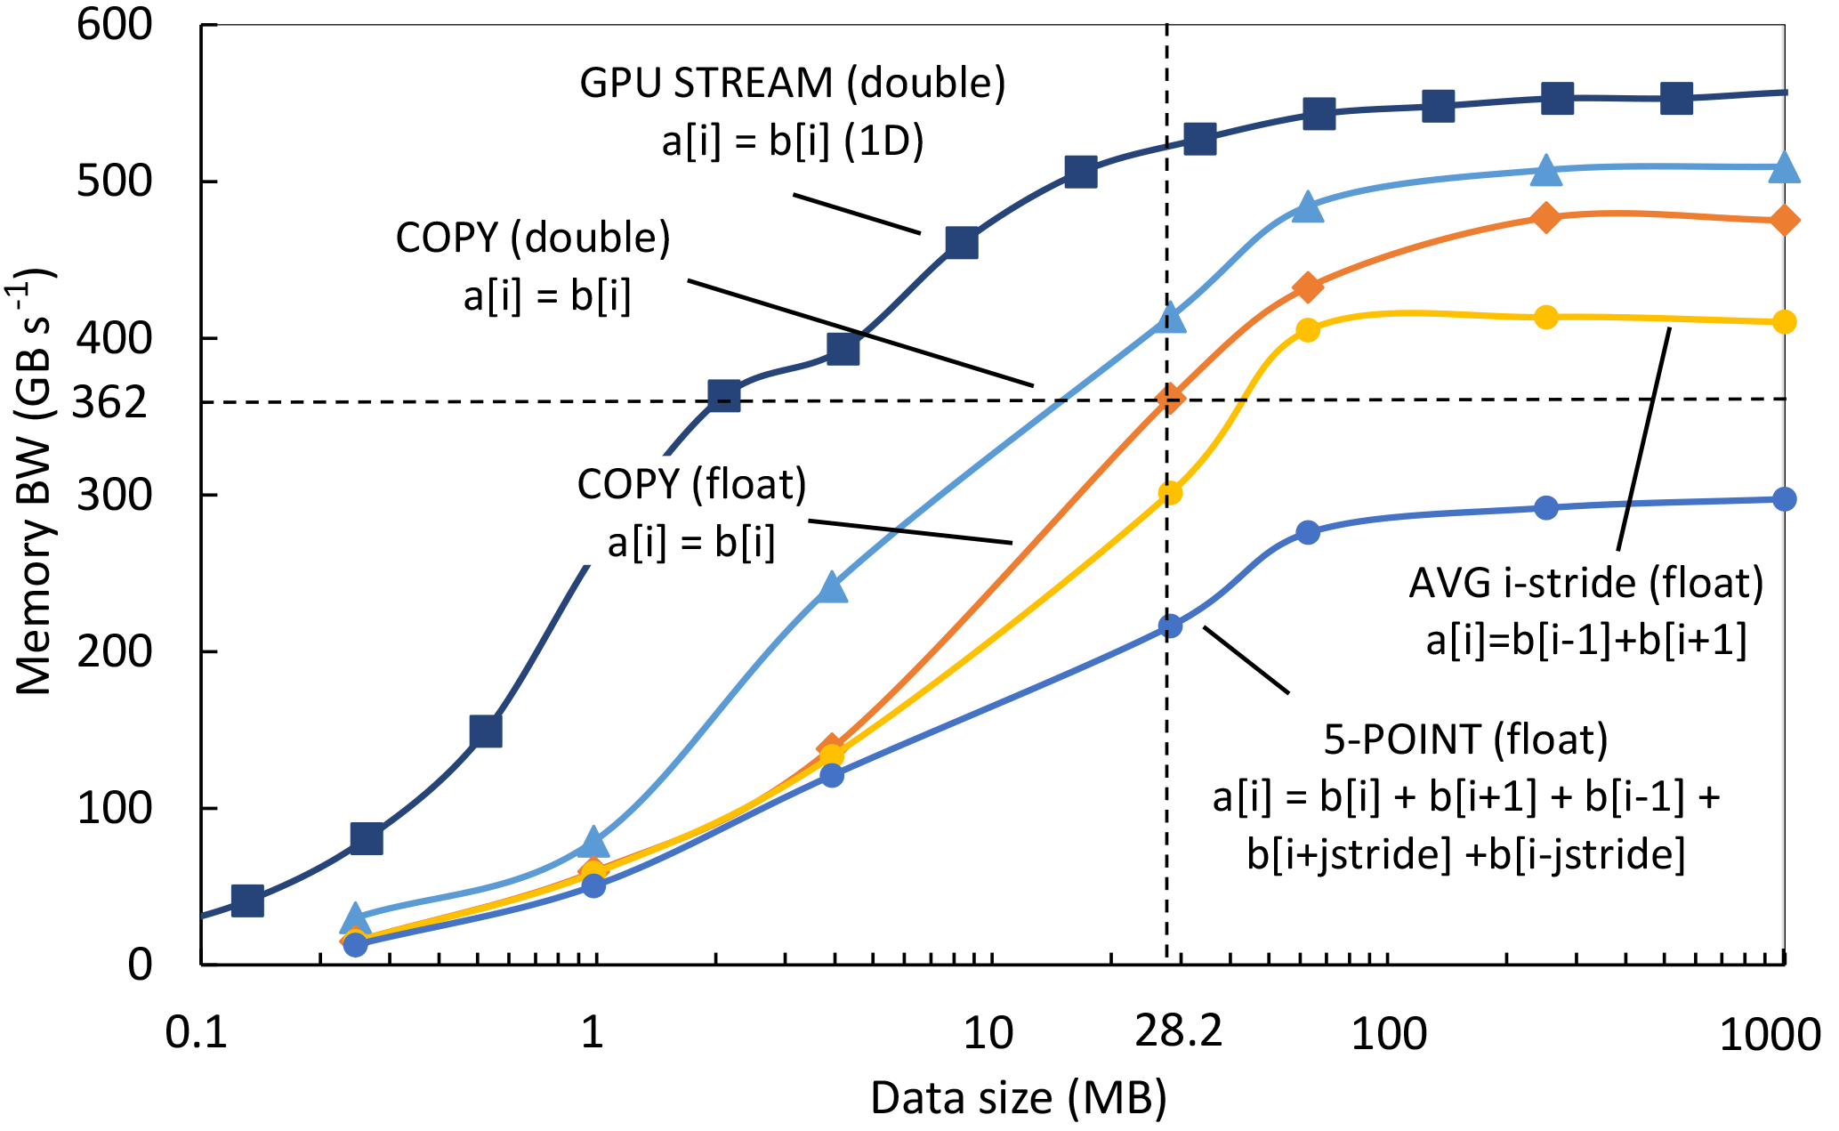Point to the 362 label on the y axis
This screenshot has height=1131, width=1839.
[109, 403]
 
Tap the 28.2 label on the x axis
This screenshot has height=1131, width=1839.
[1179, 1032]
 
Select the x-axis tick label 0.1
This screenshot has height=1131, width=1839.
[197, 1034]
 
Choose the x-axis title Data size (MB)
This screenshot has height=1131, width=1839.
[1018, 1098]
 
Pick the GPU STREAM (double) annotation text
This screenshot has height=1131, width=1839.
[792, 83]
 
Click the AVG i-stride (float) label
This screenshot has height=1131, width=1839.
[1585, 583]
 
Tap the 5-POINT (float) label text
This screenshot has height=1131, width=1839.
[1465, 739]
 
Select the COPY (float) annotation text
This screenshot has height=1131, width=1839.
[691, 485]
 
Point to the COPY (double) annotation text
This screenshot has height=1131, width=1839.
[533, 238]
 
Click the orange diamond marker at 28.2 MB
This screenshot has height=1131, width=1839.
[1171, 399]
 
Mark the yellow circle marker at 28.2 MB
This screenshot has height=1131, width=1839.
[1171, 493]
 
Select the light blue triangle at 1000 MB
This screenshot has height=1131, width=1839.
[1784, 167]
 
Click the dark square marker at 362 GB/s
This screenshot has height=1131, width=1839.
[724, 395]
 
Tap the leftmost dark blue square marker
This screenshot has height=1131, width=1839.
[247, 901]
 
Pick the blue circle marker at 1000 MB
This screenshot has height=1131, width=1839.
[1784, 499]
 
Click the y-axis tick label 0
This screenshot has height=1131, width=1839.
[140, 965]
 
